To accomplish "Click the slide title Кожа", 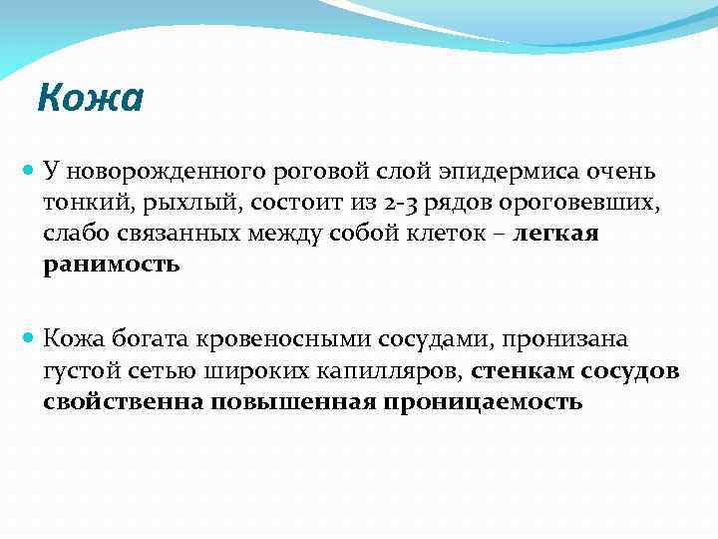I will [90, 98].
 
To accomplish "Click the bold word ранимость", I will [112, 264].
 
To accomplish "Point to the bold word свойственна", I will [122, 401].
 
